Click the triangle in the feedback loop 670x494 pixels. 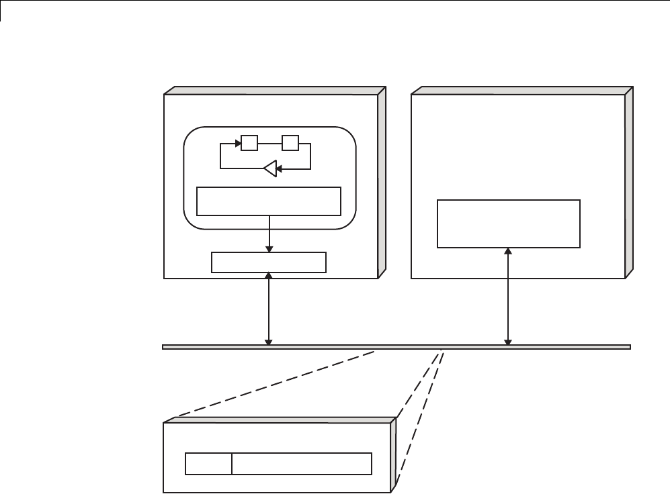point(270,169)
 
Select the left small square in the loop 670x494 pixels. point(249,143)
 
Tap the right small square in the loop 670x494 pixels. point(290,143)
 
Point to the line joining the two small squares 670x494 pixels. point(269,143)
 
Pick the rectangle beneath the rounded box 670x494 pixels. point(269,262)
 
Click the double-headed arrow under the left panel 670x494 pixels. point(269,309)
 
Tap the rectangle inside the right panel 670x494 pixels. point(508,224)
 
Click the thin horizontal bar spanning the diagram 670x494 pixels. point(396,347)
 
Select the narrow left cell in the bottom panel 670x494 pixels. point(208,464)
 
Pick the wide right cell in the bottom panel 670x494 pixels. point(302,464)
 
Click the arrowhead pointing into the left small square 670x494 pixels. point(237,143)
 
